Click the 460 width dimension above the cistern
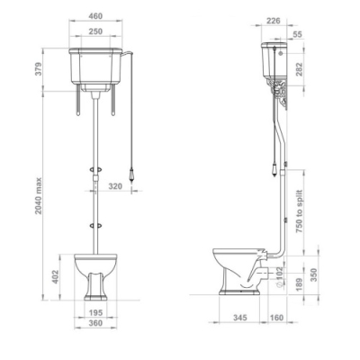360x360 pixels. (x=95, y=16)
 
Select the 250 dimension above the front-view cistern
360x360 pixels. (x=95, y=31)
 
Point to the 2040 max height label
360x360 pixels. (x=39, y=196)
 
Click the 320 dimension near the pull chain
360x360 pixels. (x=115, y=186)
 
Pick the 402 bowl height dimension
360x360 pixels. (x=56, y=277)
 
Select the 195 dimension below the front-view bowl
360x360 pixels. (x=95, y=312)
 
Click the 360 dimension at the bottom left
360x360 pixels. (x=95, y=323)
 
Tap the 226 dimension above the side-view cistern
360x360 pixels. (x=274, y=21)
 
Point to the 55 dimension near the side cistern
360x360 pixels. (x=298, y=34)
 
